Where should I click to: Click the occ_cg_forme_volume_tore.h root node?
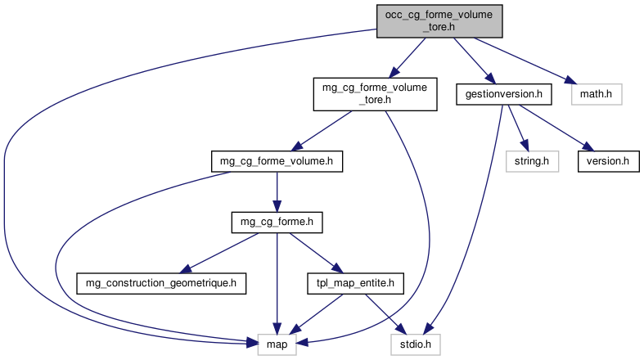pos(438,20)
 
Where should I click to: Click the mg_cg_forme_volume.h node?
pos(276,161)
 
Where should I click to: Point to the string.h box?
pos(532,161)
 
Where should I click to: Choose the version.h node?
pos(608,161)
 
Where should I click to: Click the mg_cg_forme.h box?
pos(276,222)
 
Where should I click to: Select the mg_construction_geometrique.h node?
pos(161,284)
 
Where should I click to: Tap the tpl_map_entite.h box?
pos(356,284)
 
